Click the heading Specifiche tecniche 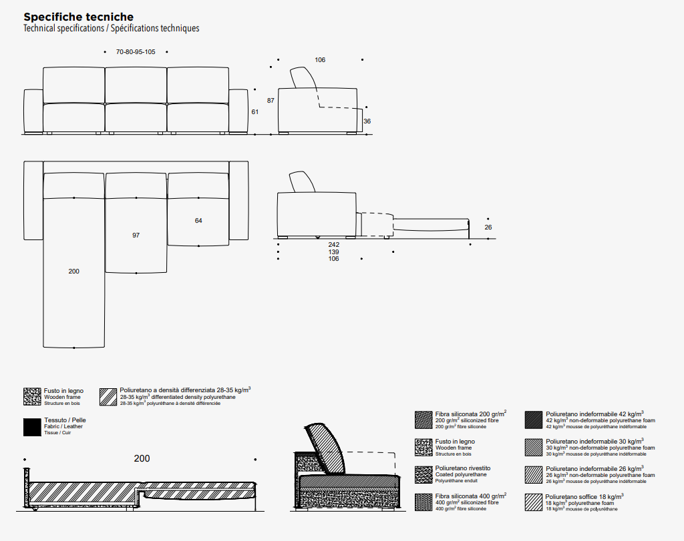click(78, 17)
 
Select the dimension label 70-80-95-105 click(136, 51)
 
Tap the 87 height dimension click(271, 101)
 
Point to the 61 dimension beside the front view click(254, 112)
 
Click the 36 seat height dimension click(367, 121)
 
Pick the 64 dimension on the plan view click(198, 221)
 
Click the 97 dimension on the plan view click(136, 235)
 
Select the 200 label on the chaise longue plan click(73, 272)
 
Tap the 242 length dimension click(334, 245)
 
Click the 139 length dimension click(334, 252)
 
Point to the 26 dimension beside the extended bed click(488, 227)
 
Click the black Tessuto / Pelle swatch click(32, 427)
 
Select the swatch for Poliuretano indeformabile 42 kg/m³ click(533, 420)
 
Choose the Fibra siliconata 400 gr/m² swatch click(423, 502)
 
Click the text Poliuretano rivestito click(458, 469)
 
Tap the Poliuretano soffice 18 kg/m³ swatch click(533, 502)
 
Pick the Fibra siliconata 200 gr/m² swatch click(423, 420)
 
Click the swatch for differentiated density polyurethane click(108, 396)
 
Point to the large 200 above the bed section click(142, 458)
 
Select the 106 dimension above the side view click(320, 60)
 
